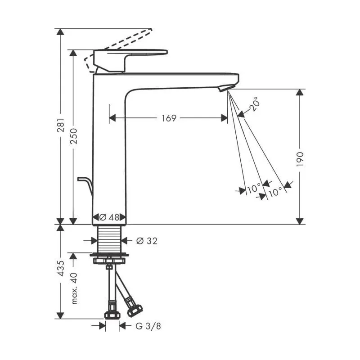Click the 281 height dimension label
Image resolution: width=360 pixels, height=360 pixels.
61,126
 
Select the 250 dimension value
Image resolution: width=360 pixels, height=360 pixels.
74,136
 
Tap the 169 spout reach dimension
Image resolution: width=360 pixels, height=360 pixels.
169,118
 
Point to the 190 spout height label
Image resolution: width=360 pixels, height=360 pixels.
300,159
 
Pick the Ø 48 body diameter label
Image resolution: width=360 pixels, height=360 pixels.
109,217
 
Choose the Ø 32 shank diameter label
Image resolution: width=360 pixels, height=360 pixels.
147,241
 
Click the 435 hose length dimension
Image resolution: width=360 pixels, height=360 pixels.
61,268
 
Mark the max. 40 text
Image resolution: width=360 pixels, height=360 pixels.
74,288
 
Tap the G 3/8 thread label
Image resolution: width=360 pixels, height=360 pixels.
148,326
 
